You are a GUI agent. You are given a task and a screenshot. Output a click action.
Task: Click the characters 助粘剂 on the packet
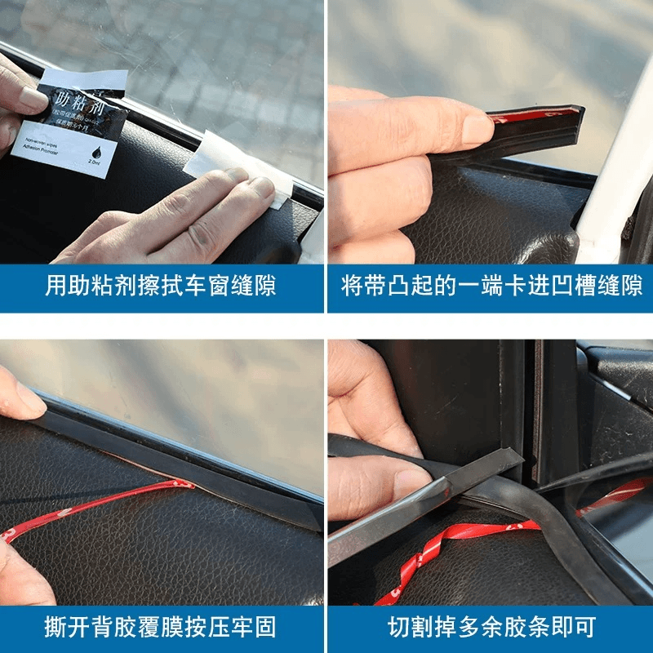(x=78, y=104)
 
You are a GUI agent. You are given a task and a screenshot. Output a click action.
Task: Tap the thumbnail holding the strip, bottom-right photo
(x=411, y=486)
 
